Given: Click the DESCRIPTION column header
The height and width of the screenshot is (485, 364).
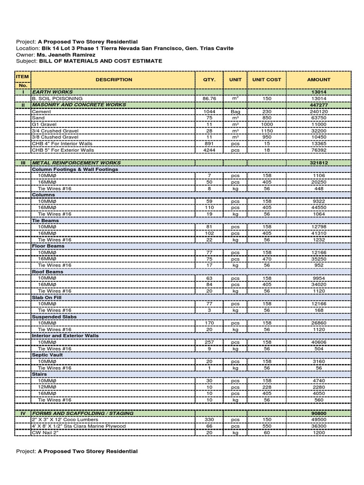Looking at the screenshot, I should point(114,80).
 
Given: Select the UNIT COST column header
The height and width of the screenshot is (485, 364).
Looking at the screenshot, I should point(267,80).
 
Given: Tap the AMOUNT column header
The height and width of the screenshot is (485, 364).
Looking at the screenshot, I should point(318,80).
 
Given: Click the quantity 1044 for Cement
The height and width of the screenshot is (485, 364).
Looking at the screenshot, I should point(209,111).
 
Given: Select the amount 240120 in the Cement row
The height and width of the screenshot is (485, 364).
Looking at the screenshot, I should point(318,111).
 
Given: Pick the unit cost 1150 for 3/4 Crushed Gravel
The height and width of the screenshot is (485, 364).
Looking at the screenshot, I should point(267,130).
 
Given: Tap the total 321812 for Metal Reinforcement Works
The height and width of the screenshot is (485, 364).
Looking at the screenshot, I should point(318,162).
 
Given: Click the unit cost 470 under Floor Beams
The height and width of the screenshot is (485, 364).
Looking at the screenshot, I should point(267,259).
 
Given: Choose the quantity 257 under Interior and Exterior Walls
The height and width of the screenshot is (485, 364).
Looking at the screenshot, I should point(209,342).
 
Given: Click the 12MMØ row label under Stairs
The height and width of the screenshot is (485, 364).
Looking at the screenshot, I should point(47,387).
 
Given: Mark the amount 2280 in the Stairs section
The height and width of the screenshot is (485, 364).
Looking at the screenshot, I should point(318,387).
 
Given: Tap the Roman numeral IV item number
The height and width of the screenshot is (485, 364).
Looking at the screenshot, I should point(22,413).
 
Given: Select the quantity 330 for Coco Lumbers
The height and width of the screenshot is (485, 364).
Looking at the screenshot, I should point(209,420).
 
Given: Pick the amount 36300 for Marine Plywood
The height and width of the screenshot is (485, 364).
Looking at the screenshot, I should point(318,426).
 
